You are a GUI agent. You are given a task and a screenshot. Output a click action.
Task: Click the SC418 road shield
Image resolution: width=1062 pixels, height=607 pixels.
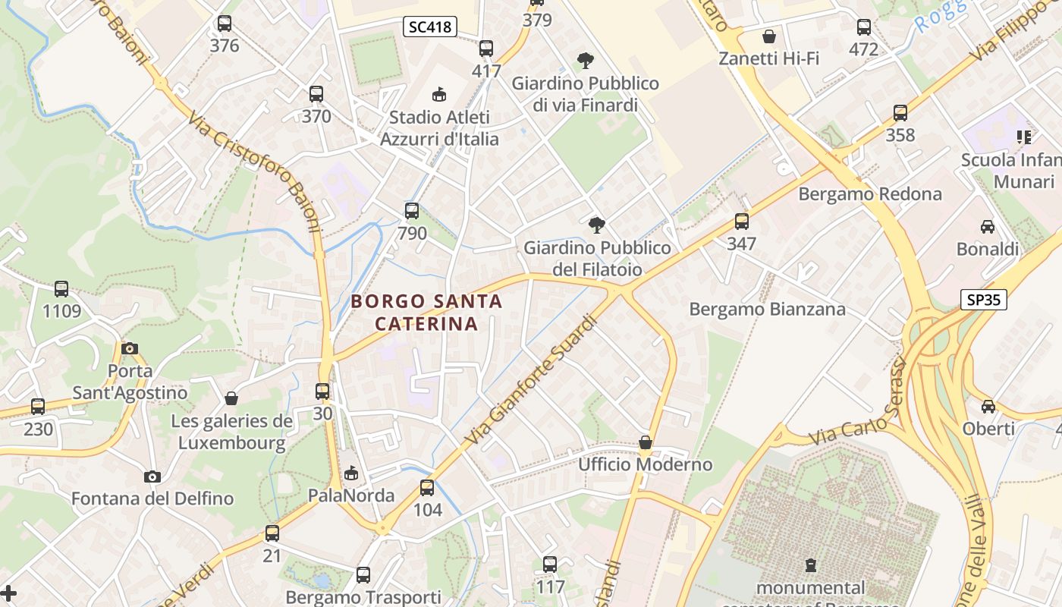point(429,27)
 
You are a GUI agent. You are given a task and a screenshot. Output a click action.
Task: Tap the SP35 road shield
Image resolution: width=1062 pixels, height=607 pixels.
point(983,300)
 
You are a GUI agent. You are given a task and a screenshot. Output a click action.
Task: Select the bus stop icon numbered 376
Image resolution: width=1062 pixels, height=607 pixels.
point(224,24)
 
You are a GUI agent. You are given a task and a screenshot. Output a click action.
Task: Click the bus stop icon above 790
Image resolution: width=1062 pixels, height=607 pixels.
point(412,210)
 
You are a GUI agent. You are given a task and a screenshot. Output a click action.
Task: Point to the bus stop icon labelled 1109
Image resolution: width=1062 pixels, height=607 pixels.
point(61,289)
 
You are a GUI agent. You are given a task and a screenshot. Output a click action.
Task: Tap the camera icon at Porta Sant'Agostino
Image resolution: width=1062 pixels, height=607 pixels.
point(130,348)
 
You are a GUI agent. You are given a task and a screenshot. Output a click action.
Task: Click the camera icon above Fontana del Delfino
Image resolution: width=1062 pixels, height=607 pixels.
point(152,476)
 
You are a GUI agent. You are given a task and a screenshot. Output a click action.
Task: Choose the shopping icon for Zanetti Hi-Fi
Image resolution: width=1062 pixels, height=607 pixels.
point(769,36)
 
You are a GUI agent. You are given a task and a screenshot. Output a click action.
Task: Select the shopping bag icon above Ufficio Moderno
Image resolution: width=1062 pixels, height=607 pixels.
point(646,442)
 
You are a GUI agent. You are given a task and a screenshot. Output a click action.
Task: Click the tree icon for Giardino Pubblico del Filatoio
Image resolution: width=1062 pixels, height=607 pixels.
point(597,225)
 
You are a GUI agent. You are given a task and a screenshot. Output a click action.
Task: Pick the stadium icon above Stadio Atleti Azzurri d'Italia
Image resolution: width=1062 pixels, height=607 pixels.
point(438,95)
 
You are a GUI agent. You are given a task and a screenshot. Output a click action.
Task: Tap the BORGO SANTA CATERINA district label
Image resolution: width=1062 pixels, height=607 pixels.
point(426,313)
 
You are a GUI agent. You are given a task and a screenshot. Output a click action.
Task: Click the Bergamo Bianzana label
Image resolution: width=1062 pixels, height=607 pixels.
point(767,310)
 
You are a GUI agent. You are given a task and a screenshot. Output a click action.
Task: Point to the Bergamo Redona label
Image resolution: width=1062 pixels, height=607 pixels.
point(869,194)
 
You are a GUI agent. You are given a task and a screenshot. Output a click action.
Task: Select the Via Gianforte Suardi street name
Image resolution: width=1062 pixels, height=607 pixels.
point(531,380)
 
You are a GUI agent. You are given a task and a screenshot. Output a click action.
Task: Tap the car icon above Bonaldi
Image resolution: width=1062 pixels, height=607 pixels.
point(987,227)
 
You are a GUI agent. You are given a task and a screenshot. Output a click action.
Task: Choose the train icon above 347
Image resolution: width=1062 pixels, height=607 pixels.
point(741,222)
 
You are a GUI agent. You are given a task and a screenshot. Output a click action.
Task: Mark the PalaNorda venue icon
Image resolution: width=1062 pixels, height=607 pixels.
point(350,473)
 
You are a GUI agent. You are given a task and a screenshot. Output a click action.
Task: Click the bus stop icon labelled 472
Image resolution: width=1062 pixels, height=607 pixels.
point(863,27)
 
